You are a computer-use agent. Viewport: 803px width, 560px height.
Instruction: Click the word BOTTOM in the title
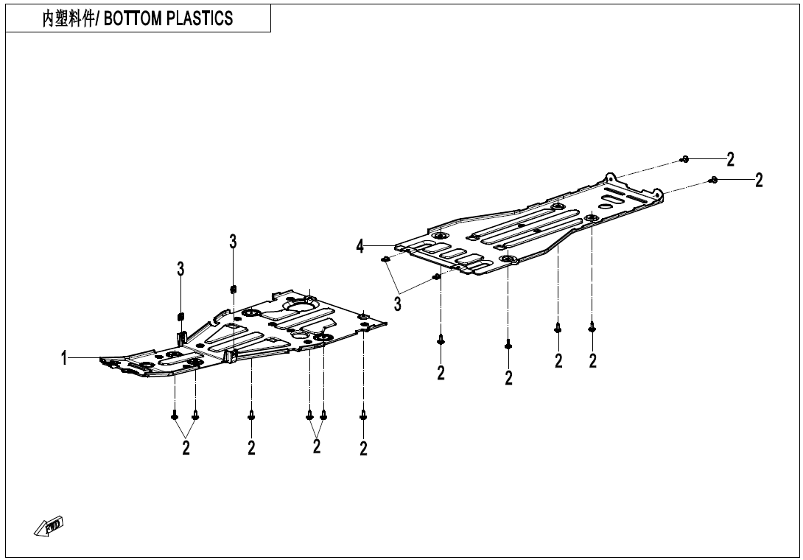point(133,18)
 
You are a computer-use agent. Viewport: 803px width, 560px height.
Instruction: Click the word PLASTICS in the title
point(200,18)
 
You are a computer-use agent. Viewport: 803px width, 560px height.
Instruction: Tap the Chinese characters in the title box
point(69,18)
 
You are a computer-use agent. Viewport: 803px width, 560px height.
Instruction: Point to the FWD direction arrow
point(49,526)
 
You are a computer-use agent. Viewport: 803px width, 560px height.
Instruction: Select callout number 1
point(64,358)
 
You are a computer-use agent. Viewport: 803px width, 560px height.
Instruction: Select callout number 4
point(360,246)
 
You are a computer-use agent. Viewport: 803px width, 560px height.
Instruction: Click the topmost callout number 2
point(730,159)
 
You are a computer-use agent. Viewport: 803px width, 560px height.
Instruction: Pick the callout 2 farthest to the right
point(759,180)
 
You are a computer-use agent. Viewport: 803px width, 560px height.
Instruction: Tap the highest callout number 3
point(233,242)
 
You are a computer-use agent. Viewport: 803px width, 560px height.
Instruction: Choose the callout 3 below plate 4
point(398,304)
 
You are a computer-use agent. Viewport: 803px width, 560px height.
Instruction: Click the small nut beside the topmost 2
point(684,159)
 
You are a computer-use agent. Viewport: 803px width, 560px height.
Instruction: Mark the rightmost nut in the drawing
point(713,179)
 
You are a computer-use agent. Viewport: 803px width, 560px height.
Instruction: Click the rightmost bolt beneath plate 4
point(592,327)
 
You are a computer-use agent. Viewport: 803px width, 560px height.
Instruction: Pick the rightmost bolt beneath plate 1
point(363,415)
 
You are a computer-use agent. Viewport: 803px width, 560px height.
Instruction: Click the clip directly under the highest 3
point(234,290)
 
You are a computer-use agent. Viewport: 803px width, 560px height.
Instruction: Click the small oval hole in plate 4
point(606,206)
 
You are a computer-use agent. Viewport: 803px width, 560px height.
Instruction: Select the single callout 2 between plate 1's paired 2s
point(251,448)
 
